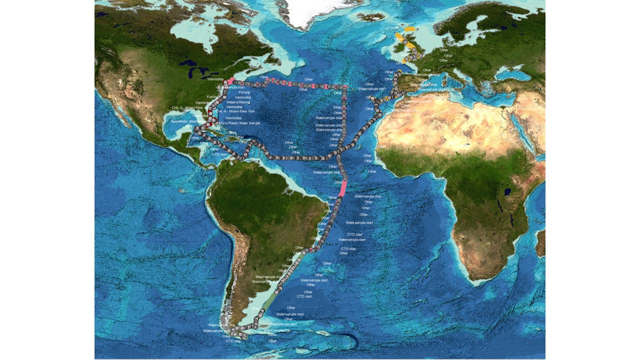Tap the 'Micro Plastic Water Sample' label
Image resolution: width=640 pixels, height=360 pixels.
(x=239, y=122)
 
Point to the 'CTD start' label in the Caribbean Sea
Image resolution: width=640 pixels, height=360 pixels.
(x=219, y=154)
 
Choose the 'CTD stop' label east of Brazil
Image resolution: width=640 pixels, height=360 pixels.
(x=348, y=248)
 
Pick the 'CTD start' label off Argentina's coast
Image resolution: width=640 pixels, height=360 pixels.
(x=304, y=296)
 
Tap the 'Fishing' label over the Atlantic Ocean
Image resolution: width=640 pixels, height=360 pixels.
(x=244, y=92)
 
